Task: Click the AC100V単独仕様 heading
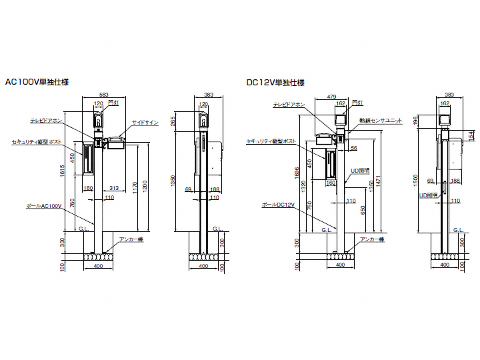click(x=37, y=83)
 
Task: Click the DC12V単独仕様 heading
click(x=275, y=83)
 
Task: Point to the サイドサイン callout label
click(x=145, y=123)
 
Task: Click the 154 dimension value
click(x=471, y=135)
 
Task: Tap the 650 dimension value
click(x=363, y=209)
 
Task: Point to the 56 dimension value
click(x=354, y=148)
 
